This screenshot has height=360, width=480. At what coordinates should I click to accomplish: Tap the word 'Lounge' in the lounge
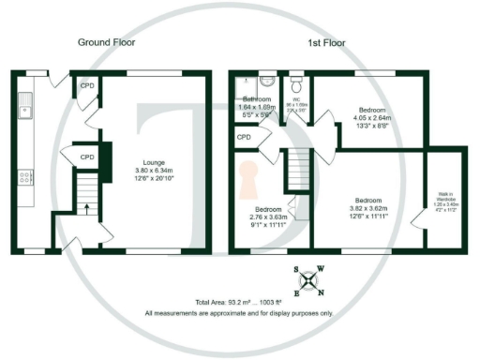[153, 161]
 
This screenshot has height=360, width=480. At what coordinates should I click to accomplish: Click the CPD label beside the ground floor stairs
[86, 157]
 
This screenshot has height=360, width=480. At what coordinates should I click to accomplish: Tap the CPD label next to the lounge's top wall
[86, 85]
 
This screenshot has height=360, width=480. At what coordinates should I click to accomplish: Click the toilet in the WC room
[295, 82]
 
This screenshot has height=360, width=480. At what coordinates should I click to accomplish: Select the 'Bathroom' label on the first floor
[258, 99]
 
